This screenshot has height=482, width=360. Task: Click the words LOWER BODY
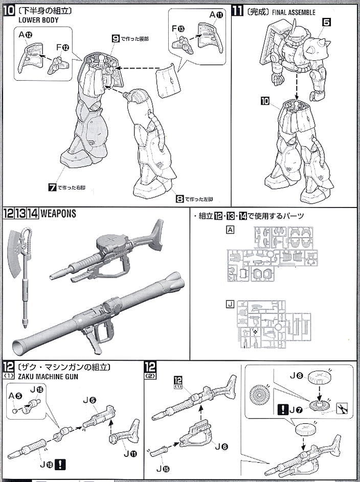(x=38, y=20)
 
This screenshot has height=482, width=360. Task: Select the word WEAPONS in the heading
(x=58, y=214)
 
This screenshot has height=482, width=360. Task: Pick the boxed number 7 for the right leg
(x=52, y=188)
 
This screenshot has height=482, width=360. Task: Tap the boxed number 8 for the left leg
(x=179, y=199)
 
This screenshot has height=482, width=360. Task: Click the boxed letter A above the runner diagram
(x=231, y=230)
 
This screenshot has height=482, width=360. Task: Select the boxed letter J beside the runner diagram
(x=231, y=305)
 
